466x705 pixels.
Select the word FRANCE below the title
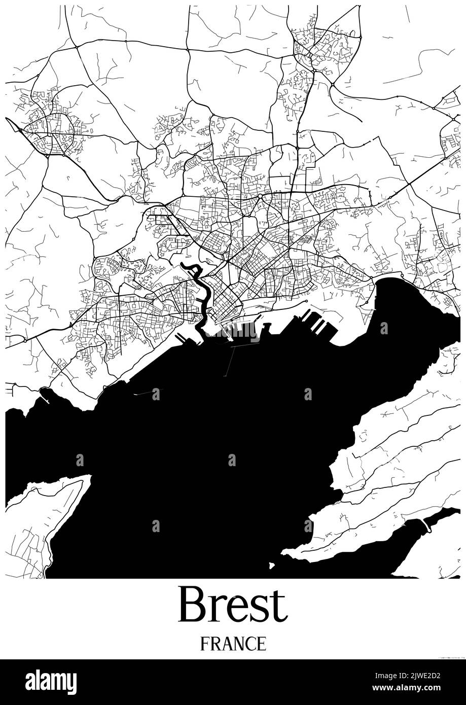click(x=233, y=643)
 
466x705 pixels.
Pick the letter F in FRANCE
click(x=204, y=643)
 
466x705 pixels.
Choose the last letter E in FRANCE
click(x=261, y=643)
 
